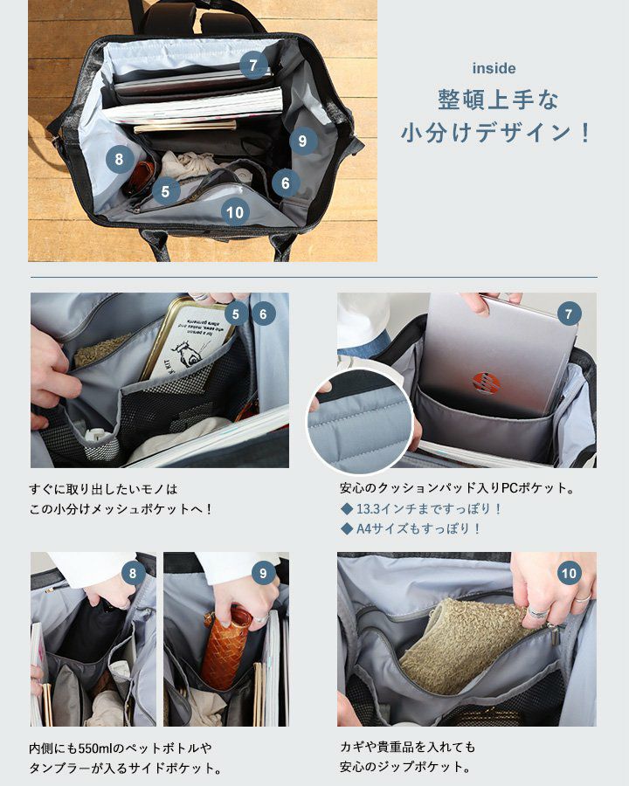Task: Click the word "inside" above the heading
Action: tap(494, 68)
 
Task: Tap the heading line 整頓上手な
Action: tap(498, 100)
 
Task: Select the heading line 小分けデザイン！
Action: tap(496, 133)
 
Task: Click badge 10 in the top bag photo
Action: tap(235, 212)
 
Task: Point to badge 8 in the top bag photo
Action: tap(120, 160)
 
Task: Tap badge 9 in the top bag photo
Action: tap(302, 141)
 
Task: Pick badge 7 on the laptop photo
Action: tap(569, 314)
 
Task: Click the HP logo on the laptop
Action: tap(486, 383)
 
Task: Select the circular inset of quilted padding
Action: tap(360, 422)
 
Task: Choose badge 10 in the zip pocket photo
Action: tap(570, 573)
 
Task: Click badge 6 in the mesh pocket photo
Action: tap(263, 314)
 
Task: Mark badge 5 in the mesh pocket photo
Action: tap(236, 314)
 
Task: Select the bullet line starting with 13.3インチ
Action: tap(421, 509)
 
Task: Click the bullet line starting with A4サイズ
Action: tap(411, 529)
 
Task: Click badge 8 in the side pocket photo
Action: tap(133, 574)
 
